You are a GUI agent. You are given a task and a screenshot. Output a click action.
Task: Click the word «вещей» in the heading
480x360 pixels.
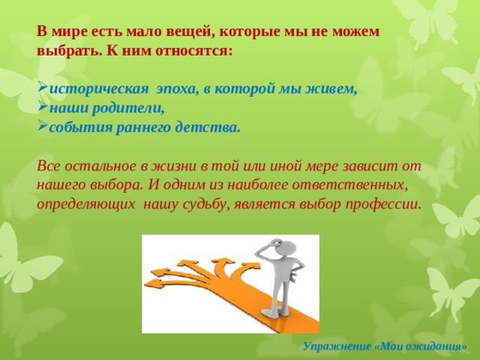point(189,31)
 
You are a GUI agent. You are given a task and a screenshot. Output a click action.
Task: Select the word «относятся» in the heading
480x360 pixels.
point(194,51)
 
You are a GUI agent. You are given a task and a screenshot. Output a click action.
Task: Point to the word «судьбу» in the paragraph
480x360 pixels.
point(207,205)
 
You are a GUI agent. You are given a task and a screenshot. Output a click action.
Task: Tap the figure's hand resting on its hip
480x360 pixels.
point(293,275)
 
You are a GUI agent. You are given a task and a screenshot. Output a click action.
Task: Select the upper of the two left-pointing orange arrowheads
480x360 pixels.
point(160,271)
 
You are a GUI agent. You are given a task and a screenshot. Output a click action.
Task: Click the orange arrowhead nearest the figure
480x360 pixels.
point(252,268)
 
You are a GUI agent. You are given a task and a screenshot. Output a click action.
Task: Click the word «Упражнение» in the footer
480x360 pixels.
point(337,346)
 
